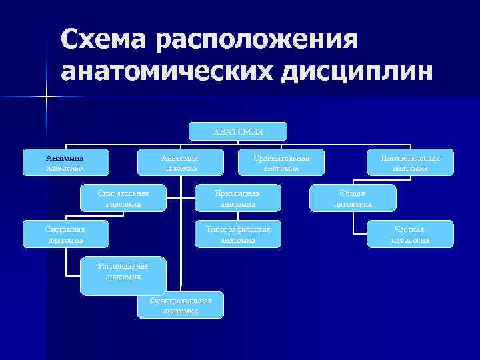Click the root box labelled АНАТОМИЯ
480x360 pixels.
pyautogui.click(x=238, y=131)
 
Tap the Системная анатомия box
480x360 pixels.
pyautogui.click(x=65, y=234)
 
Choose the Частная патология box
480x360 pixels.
pyautogui.click(x=410, y=234)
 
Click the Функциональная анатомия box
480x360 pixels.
pyautogui.click(x=180, y=305)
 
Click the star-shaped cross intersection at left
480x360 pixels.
pyautogui.click(x=47, y=97)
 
